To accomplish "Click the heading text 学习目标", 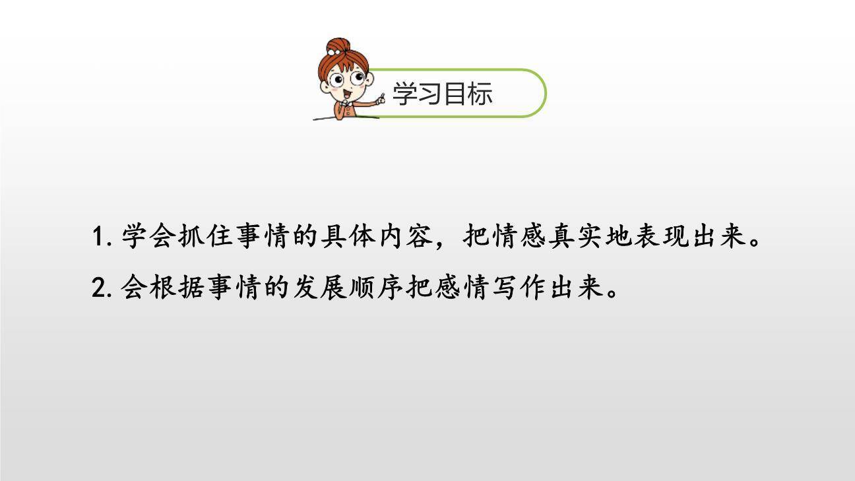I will [442, 94].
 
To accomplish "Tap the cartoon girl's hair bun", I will [338, 47].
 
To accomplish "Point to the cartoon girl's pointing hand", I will [379, 100].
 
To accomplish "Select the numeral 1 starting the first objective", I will [98, 237].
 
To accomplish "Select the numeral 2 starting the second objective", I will [98, 288].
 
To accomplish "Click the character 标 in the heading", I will [480, 94].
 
